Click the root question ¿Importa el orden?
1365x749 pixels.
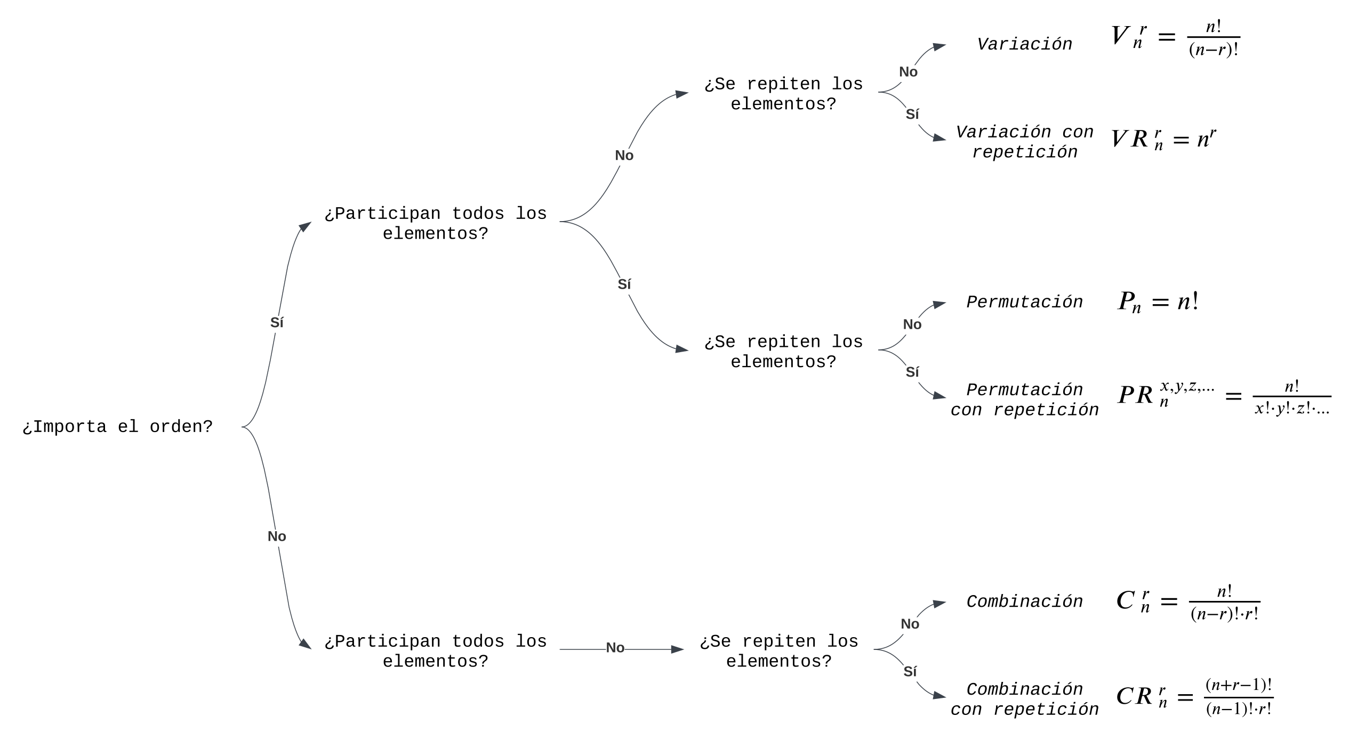click(118, 427)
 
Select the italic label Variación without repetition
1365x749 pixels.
click(1024, 44)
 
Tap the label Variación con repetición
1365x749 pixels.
click(1024, 142)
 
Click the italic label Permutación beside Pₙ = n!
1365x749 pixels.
click(1024, 302)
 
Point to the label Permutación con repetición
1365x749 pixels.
click(1024, 400)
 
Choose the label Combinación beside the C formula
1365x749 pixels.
click(1024, 601)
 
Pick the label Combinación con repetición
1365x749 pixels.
click(1024, 699)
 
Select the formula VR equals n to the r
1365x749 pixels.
click(1163, 139)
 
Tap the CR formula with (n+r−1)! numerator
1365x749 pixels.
click(1195, 697)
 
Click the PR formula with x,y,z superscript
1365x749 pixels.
click(1224, 397)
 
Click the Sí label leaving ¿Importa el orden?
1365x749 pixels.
click(277, 323)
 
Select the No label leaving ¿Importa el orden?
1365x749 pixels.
click(277, 536)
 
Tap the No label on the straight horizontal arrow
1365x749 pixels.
click(615, 648)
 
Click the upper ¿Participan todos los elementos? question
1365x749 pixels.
click(436, 224)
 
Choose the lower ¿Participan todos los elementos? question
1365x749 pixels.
click(436, 651)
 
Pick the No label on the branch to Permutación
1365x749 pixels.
click(912, 324)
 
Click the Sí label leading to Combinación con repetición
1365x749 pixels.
click(910, 672)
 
